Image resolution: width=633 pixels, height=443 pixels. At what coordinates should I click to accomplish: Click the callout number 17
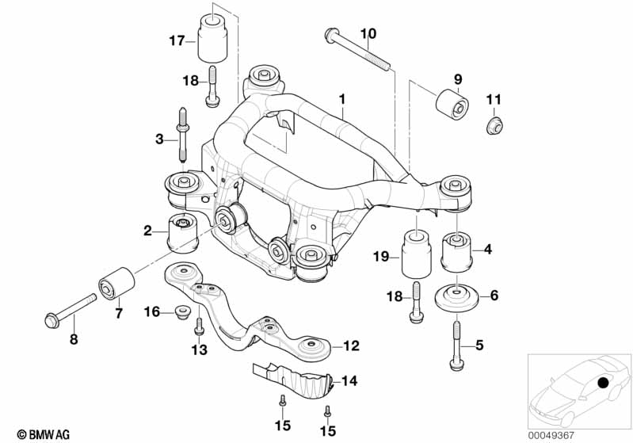click(177, 40)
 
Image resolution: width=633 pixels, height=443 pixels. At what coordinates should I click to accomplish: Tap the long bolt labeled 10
click(357, 50)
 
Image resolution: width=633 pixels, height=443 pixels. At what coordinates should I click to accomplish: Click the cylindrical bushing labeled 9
click(452, 104)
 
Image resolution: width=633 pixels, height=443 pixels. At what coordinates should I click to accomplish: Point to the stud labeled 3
click(182, 135)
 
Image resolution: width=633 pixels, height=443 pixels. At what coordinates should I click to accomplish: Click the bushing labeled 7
click(116, 283)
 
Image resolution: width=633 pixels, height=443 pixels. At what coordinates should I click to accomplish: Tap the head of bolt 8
click(51, 321)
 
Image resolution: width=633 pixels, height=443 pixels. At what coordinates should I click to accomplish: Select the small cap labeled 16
click(183, 311)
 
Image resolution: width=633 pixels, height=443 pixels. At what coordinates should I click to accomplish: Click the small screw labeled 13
click(199, 327)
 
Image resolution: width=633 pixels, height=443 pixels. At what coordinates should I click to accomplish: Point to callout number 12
click(351, 346)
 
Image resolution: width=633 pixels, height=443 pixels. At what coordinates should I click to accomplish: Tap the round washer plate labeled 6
click(456, 298)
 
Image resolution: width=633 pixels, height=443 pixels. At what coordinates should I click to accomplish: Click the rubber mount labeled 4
click(457, 251)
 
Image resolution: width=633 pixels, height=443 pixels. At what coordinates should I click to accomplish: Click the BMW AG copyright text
click(44, 434)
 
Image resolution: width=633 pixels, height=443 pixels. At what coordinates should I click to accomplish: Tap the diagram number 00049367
click(551, 436)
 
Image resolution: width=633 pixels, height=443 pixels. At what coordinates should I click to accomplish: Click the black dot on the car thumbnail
click(603, 383)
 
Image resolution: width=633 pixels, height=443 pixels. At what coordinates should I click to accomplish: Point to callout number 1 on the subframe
click(342, 99)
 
